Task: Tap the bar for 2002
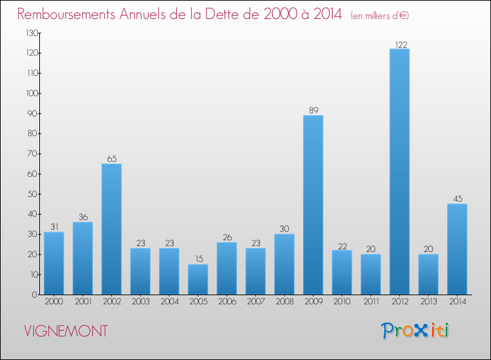tap(111, 228)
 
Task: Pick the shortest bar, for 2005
tap(198, 279)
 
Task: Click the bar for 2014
tap(457, 249)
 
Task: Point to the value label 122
tap(399, 45)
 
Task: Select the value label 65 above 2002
tap(111, 159)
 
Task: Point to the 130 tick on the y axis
tap(31, 33)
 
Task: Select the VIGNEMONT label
tap(65, 331)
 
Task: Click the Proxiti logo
tap(415, 331)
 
